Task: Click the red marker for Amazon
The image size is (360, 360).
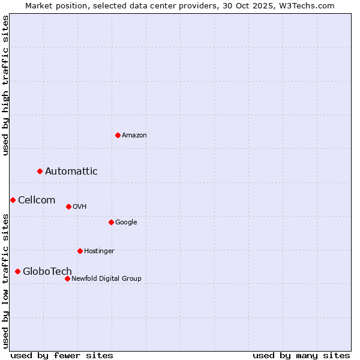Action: (x=118, y=135)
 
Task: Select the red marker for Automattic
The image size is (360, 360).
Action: (x=40, y=171)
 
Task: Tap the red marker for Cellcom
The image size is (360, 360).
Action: (x=13, y=200)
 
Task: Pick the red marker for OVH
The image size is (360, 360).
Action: (x=68, y=206)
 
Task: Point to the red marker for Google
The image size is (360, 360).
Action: (x=111, y=222)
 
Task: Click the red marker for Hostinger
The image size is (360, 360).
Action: (x=80, y=251)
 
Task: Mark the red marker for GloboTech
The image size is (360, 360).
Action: (x=17, y=271)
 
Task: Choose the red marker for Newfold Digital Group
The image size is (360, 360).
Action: (x=67, y=278)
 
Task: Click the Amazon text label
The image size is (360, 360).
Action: (x=134, y=136)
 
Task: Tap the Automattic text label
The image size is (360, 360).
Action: (x=71, y=172)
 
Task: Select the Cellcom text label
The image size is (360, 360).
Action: (x=37, y=200)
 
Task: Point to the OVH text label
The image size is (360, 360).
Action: (x=80, y=207)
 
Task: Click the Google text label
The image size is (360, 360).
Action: (x=126, y=223)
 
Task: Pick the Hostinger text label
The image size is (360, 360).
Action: (x=99, y=251)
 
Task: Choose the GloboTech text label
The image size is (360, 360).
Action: (x=47, y=272)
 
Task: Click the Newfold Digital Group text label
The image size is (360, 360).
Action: (x=106, y=279)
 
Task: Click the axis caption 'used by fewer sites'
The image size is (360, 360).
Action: (x=62, y=355)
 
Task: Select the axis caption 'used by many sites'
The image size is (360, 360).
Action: (x=301, y=355)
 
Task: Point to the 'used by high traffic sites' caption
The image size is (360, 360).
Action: (x=6, y=85)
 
